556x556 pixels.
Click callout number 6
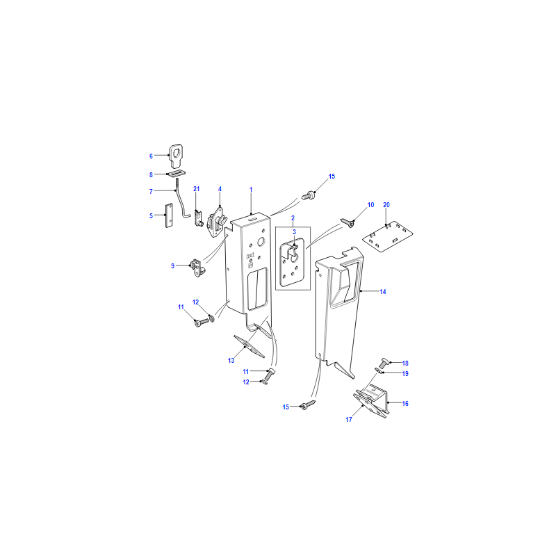[x=151, y=156]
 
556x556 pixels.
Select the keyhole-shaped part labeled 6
[x=176, y=155]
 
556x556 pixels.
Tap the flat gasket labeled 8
[x=177, y=173]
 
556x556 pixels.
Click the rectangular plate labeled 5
[x=169, y=215]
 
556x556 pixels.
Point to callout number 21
[x=197, y=189]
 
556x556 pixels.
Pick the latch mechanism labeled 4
[x=216, y=222]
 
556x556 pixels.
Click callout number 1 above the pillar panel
[x=251, y=190]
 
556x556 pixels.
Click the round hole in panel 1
[x=261, y=242]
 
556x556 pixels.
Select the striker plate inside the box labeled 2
[x=292, y=263]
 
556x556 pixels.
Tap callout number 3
[x=294, y=232]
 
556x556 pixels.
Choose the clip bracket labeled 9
[x=198, y=268]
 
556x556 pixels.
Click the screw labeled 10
[x=347, y=222]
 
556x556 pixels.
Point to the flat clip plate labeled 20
[x=388, y=236]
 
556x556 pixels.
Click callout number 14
[x=383, y=291]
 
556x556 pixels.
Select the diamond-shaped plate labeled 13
[x=249, y=346]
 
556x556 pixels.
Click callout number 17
[x=349, y=420]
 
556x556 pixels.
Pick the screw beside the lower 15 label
[x=308, y=405]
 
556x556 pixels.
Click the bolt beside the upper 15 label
[x=309, y=195]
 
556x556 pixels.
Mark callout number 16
[x=405, y=404]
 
